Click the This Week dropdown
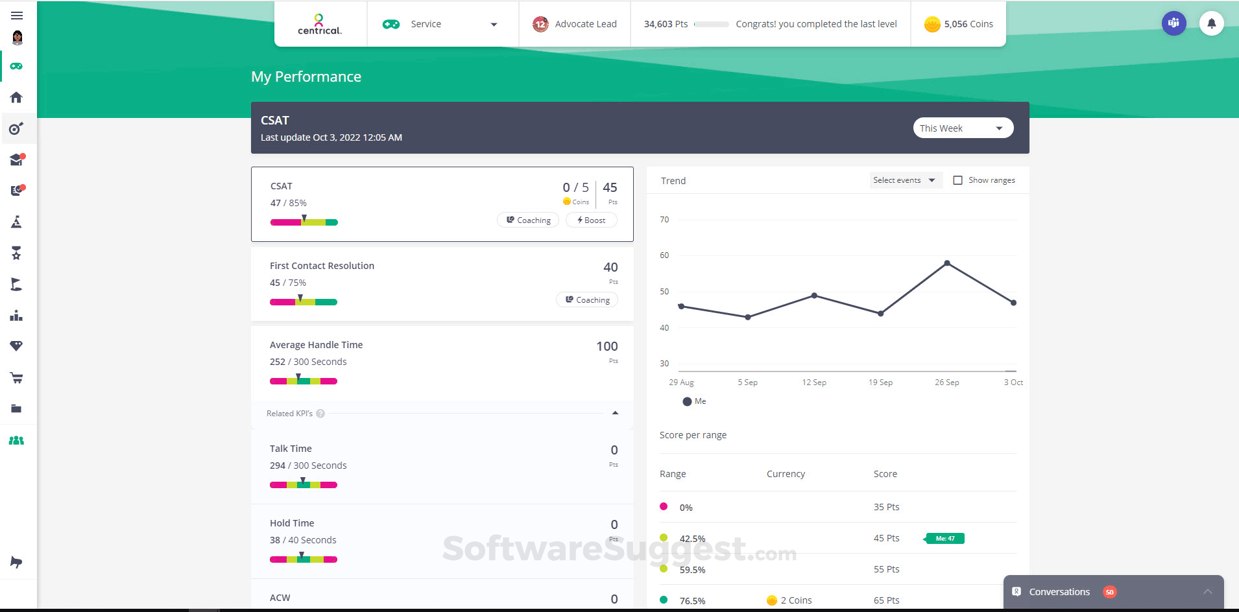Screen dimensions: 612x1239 point(963,128)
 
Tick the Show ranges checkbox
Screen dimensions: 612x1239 point(957,180)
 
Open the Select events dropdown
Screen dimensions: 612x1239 point(904,180)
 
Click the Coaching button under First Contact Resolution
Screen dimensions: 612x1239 point(587,300)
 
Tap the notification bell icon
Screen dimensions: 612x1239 point(1211,24)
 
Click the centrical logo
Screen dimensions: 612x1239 point(320,24)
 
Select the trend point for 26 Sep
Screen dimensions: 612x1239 point(947,263)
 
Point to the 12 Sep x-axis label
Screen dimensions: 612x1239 point(813,383)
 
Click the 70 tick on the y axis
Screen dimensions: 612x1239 point(664,220)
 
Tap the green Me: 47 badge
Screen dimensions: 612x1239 point(945,538)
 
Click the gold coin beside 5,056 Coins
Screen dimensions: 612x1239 point(932,25)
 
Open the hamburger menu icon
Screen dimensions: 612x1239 point(17,16)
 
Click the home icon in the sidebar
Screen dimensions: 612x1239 point(17,97)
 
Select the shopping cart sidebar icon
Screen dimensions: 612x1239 point(17,377)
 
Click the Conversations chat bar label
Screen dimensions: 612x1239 point(1059,592)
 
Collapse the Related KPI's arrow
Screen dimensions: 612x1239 point(615,413)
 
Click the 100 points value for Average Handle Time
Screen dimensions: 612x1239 point(607,346)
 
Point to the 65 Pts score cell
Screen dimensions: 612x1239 point(886,600)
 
